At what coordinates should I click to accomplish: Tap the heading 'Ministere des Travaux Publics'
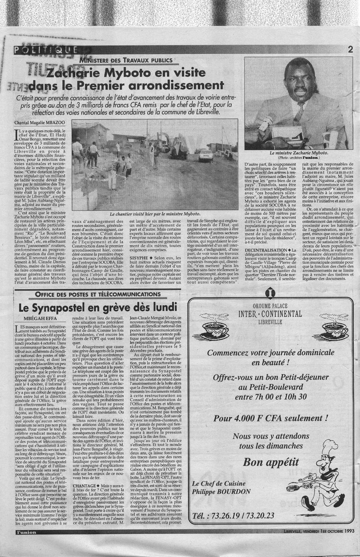pos(126,60)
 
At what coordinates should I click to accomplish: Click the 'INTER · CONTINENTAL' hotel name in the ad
pos(270,314)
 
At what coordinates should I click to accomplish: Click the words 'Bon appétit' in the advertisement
pos(271,462)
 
